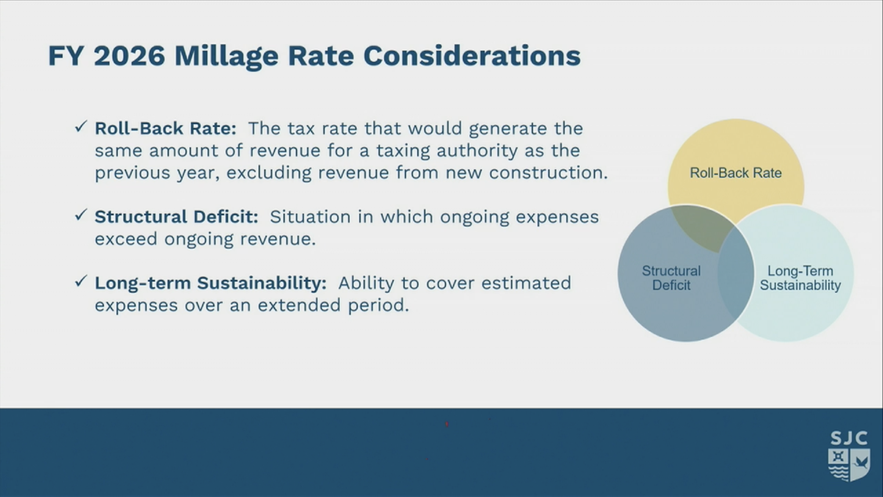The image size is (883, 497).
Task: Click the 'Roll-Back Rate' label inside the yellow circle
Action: (736, 173)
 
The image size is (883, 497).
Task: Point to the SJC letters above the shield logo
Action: (849, 438)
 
